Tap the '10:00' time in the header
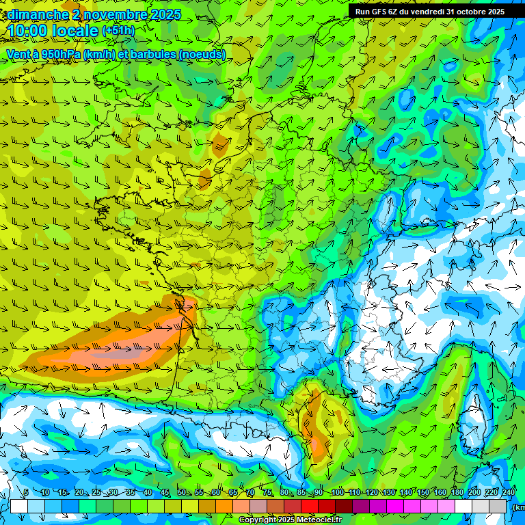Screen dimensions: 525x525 [x=31, y=31]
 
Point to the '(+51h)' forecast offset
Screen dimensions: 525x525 [x=118, y=31]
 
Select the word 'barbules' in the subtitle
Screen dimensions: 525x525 [x=152, y=54]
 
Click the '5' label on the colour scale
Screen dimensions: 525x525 [x=26, y=492]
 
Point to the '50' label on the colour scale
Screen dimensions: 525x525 [x=182, y=492]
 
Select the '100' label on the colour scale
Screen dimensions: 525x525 [x=337, y=492]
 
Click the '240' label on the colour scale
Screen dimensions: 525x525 [x=509, y=492]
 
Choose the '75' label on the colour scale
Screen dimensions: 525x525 [x=268, y=492]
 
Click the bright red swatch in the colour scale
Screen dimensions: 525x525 [x=310, y=506]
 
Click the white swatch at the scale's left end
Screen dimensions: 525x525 [x=18, y=506]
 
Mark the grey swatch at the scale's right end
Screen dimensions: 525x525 [x=499, y=506]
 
